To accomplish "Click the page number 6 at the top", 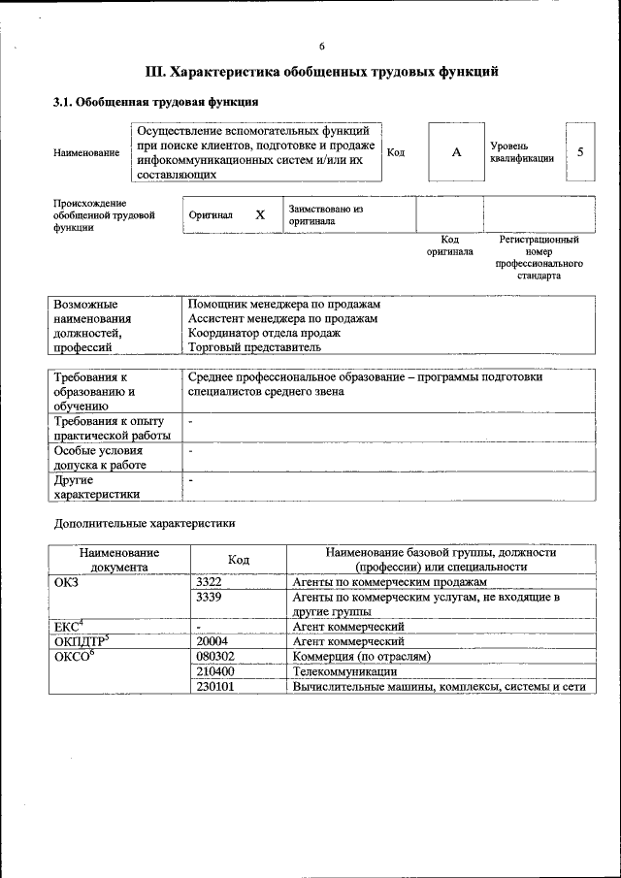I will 321,46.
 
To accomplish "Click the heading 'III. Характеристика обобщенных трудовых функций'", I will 321,72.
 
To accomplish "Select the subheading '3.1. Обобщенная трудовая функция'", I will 155,101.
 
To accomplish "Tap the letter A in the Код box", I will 455,152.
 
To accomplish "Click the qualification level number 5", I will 580,152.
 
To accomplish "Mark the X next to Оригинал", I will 259,214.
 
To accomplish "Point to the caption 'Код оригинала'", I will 449,245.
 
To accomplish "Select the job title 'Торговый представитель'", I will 253,346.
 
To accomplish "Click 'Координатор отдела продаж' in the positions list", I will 264,332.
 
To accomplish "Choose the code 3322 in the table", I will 210,581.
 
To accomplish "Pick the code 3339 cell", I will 210,597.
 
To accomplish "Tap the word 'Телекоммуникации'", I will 344,671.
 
